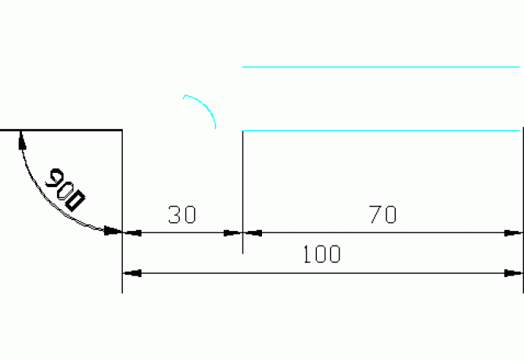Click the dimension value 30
[x=182, y=215]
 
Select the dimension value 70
[x=383, y=215]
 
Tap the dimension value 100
[x=322, y=255]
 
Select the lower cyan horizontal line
[x=382, y=130]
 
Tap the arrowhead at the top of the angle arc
[x=22, y=139]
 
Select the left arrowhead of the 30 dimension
[x=131, y=232]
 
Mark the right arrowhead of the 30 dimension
[x=233, y=232]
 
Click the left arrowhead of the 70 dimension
[x=253, y=232]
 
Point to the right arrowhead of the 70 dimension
[x=515, y=232]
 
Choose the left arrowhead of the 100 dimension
[x=131, y=273]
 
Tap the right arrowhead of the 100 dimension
[x=515, y=273]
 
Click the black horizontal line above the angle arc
[x=63, y=130]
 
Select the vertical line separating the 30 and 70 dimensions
[x=242, y=188]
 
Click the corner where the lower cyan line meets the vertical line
[x=242, y=130]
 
